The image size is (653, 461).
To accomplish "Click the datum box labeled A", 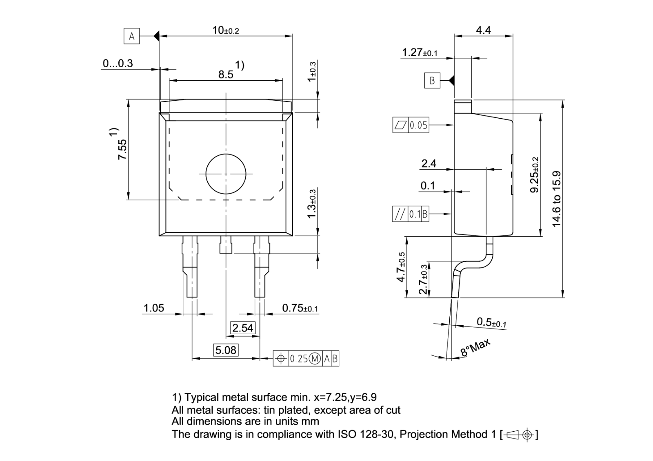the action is tap(131, 36).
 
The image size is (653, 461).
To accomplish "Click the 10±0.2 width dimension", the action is tap(226, 30).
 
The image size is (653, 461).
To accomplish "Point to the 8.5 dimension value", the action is tap(226, 75).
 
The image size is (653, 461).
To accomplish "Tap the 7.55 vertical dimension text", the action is tap(122, 149).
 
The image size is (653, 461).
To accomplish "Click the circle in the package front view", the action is tap(226, 174).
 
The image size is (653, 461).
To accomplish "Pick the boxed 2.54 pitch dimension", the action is tap(243, 328).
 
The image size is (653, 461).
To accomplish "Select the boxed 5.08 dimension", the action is tap(226, 350).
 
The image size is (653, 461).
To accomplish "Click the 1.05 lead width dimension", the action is tap(153, 308).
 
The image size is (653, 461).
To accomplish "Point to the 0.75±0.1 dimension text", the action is tap(300, 308).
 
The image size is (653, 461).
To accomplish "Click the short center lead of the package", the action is tap(226, 244).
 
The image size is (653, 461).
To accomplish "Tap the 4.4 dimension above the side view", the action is tap(483, 30).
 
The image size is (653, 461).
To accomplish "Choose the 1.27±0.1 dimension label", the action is tap(420, 53).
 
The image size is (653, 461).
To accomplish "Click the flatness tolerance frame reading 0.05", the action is tap(411, 125).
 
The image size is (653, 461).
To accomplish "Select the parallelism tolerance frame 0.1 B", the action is tap(411, 214).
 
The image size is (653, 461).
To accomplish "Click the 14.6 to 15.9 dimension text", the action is tap(556, 199).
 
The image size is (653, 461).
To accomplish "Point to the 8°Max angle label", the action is tap(475, 347).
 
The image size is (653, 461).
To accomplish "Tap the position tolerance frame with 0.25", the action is tap(306, 359).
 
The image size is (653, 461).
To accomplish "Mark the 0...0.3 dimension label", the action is tap(118, 63).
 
